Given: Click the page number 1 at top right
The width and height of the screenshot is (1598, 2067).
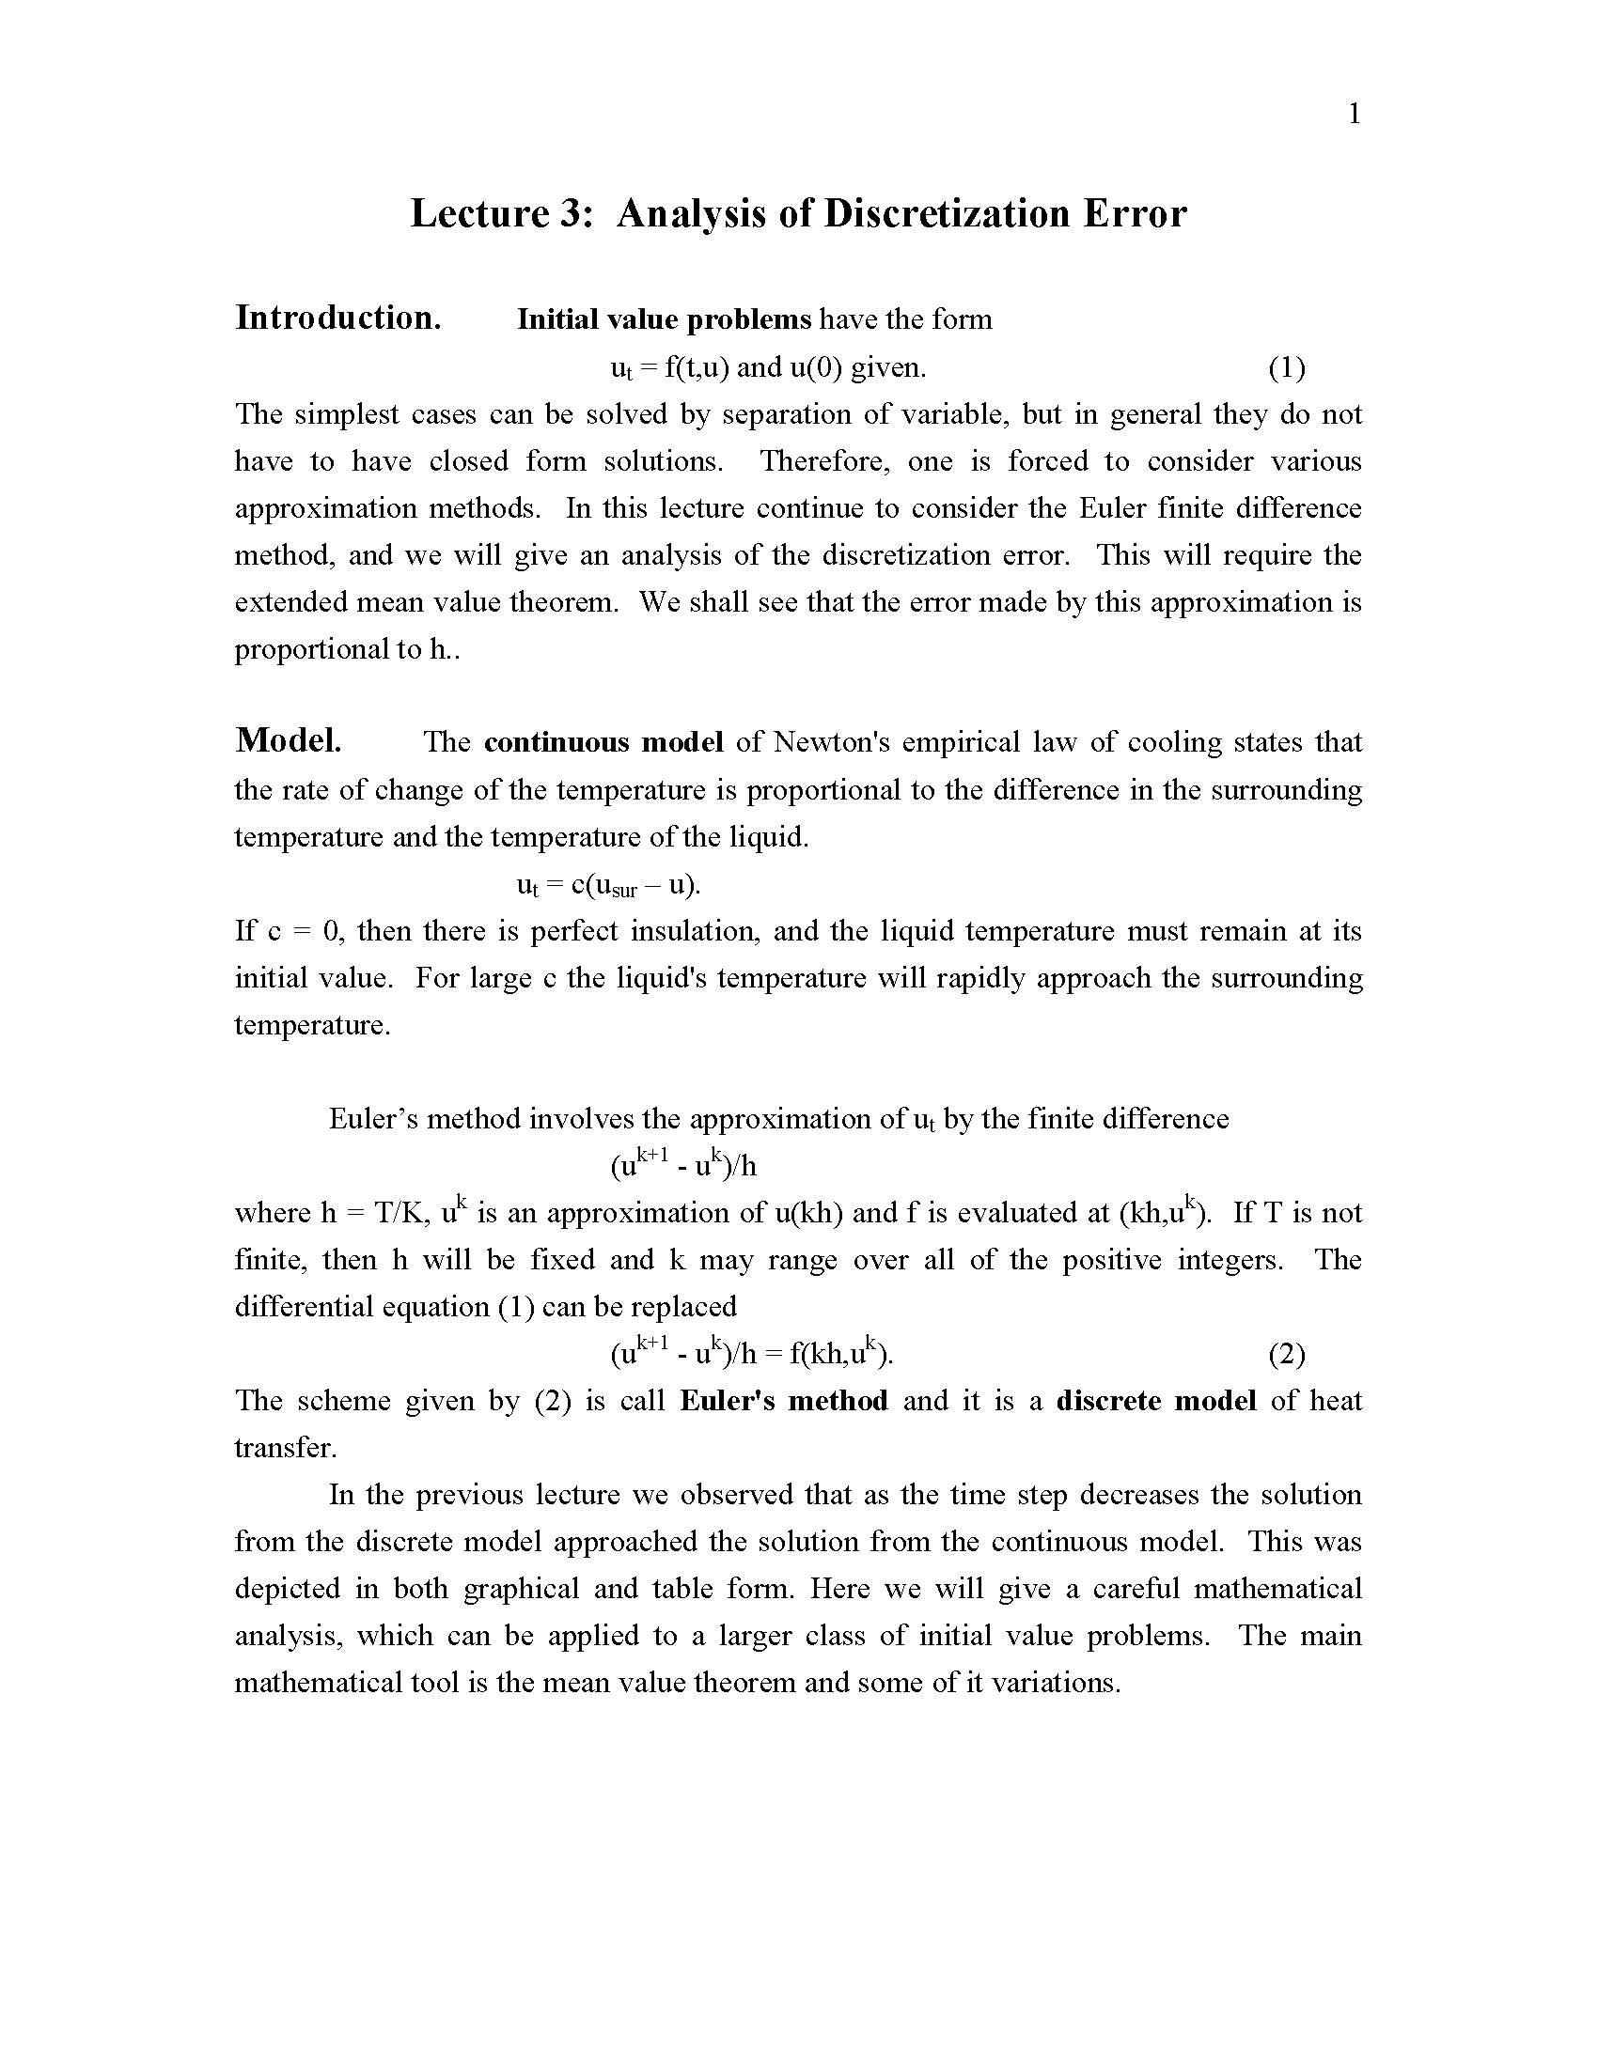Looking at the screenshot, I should pos(1354,115).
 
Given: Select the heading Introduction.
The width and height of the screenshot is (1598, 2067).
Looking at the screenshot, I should pos(338,318).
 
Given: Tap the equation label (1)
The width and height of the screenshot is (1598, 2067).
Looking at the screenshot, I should pos(1287,367).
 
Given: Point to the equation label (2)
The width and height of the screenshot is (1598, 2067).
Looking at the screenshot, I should pos(1287,1355).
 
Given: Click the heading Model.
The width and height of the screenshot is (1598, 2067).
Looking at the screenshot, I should pos(288,740).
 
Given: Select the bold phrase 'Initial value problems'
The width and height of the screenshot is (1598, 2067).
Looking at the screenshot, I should pos(664,319).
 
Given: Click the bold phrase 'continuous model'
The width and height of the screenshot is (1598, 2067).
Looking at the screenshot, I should pos(603,742).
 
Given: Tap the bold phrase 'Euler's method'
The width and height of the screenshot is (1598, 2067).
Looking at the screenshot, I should pos(784,1401).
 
